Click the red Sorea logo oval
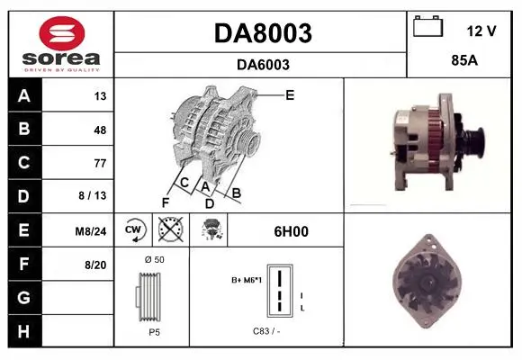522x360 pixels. (x=62, y=33)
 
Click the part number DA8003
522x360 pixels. (x=263, y=33)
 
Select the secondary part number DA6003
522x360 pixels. (x=263, y=65)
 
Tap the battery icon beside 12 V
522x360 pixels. (x=428, y=26)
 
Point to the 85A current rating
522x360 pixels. (x=464, y=60)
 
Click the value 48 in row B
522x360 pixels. (x=100, y=130)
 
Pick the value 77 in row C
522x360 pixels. (x=100, y=163)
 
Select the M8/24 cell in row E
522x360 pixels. (x=91, y=231)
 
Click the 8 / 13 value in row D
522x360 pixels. (x=92, y=195)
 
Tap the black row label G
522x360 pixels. (x=24, y=297)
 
